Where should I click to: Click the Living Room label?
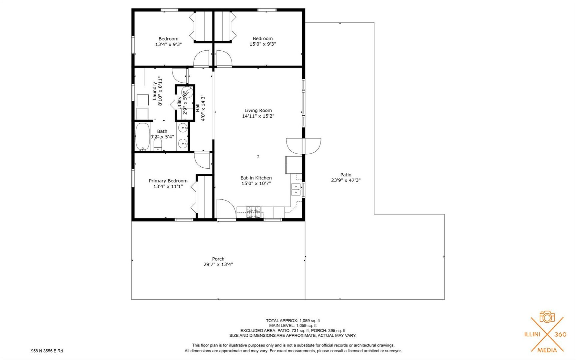[258, 110]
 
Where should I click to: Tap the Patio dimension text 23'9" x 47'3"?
[346, 180]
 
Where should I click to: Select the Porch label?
[218, 259]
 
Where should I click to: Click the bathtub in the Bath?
[143, 137]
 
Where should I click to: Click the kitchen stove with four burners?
[254, 212]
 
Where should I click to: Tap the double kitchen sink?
[295, 189]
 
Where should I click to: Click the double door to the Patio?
[303, 146]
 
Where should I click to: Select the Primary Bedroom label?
[168, 181]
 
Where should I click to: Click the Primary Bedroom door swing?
[202, 160]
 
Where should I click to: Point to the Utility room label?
[180, 103]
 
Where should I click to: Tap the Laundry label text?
[155, 91]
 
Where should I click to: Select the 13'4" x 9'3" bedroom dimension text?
[168, 44]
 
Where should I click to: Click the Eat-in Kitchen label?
[256, 178]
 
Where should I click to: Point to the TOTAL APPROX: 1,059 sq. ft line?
[292, 321]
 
